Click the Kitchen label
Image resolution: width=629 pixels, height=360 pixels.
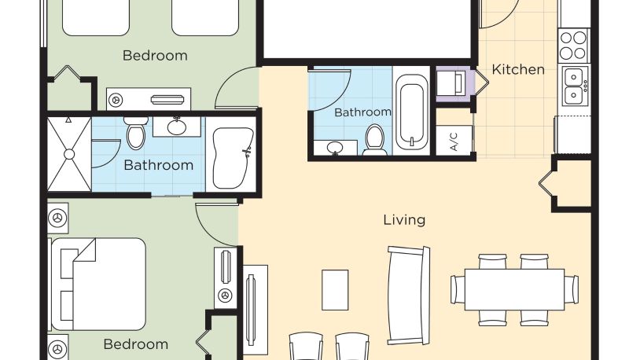[518, 69]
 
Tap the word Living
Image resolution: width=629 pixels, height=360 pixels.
[404, 219]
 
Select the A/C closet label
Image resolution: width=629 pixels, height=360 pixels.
[454, 141]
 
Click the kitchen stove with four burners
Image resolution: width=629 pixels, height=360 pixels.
[574, 46]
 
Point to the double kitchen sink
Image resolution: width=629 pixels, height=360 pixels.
[575, 86]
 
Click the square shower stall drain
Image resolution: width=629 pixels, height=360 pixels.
[69, 154]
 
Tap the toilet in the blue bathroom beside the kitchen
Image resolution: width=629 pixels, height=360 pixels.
[375, 140]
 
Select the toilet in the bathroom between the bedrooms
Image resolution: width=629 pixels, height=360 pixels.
[136, 133]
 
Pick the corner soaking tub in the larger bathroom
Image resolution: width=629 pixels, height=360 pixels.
[233, 157]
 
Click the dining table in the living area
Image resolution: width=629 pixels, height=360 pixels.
[514, 289]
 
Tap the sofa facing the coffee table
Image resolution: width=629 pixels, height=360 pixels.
[408, 296]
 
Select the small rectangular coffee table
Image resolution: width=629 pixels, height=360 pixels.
[335, 290]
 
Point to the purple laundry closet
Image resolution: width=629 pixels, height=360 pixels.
[455, 84]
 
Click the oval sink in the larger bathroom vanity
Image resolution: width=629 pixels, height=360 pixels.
[177, 127]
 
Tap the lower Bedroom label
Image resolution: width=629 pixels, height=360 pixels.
[135, 344]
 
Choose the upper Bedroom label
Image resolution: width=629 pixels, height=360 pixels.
[155, 55]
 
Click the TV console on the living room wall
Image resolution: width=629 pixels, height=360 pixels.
[255, 310]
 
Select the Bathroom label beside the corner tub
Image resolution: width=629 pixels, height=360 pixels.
[159, 165]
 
